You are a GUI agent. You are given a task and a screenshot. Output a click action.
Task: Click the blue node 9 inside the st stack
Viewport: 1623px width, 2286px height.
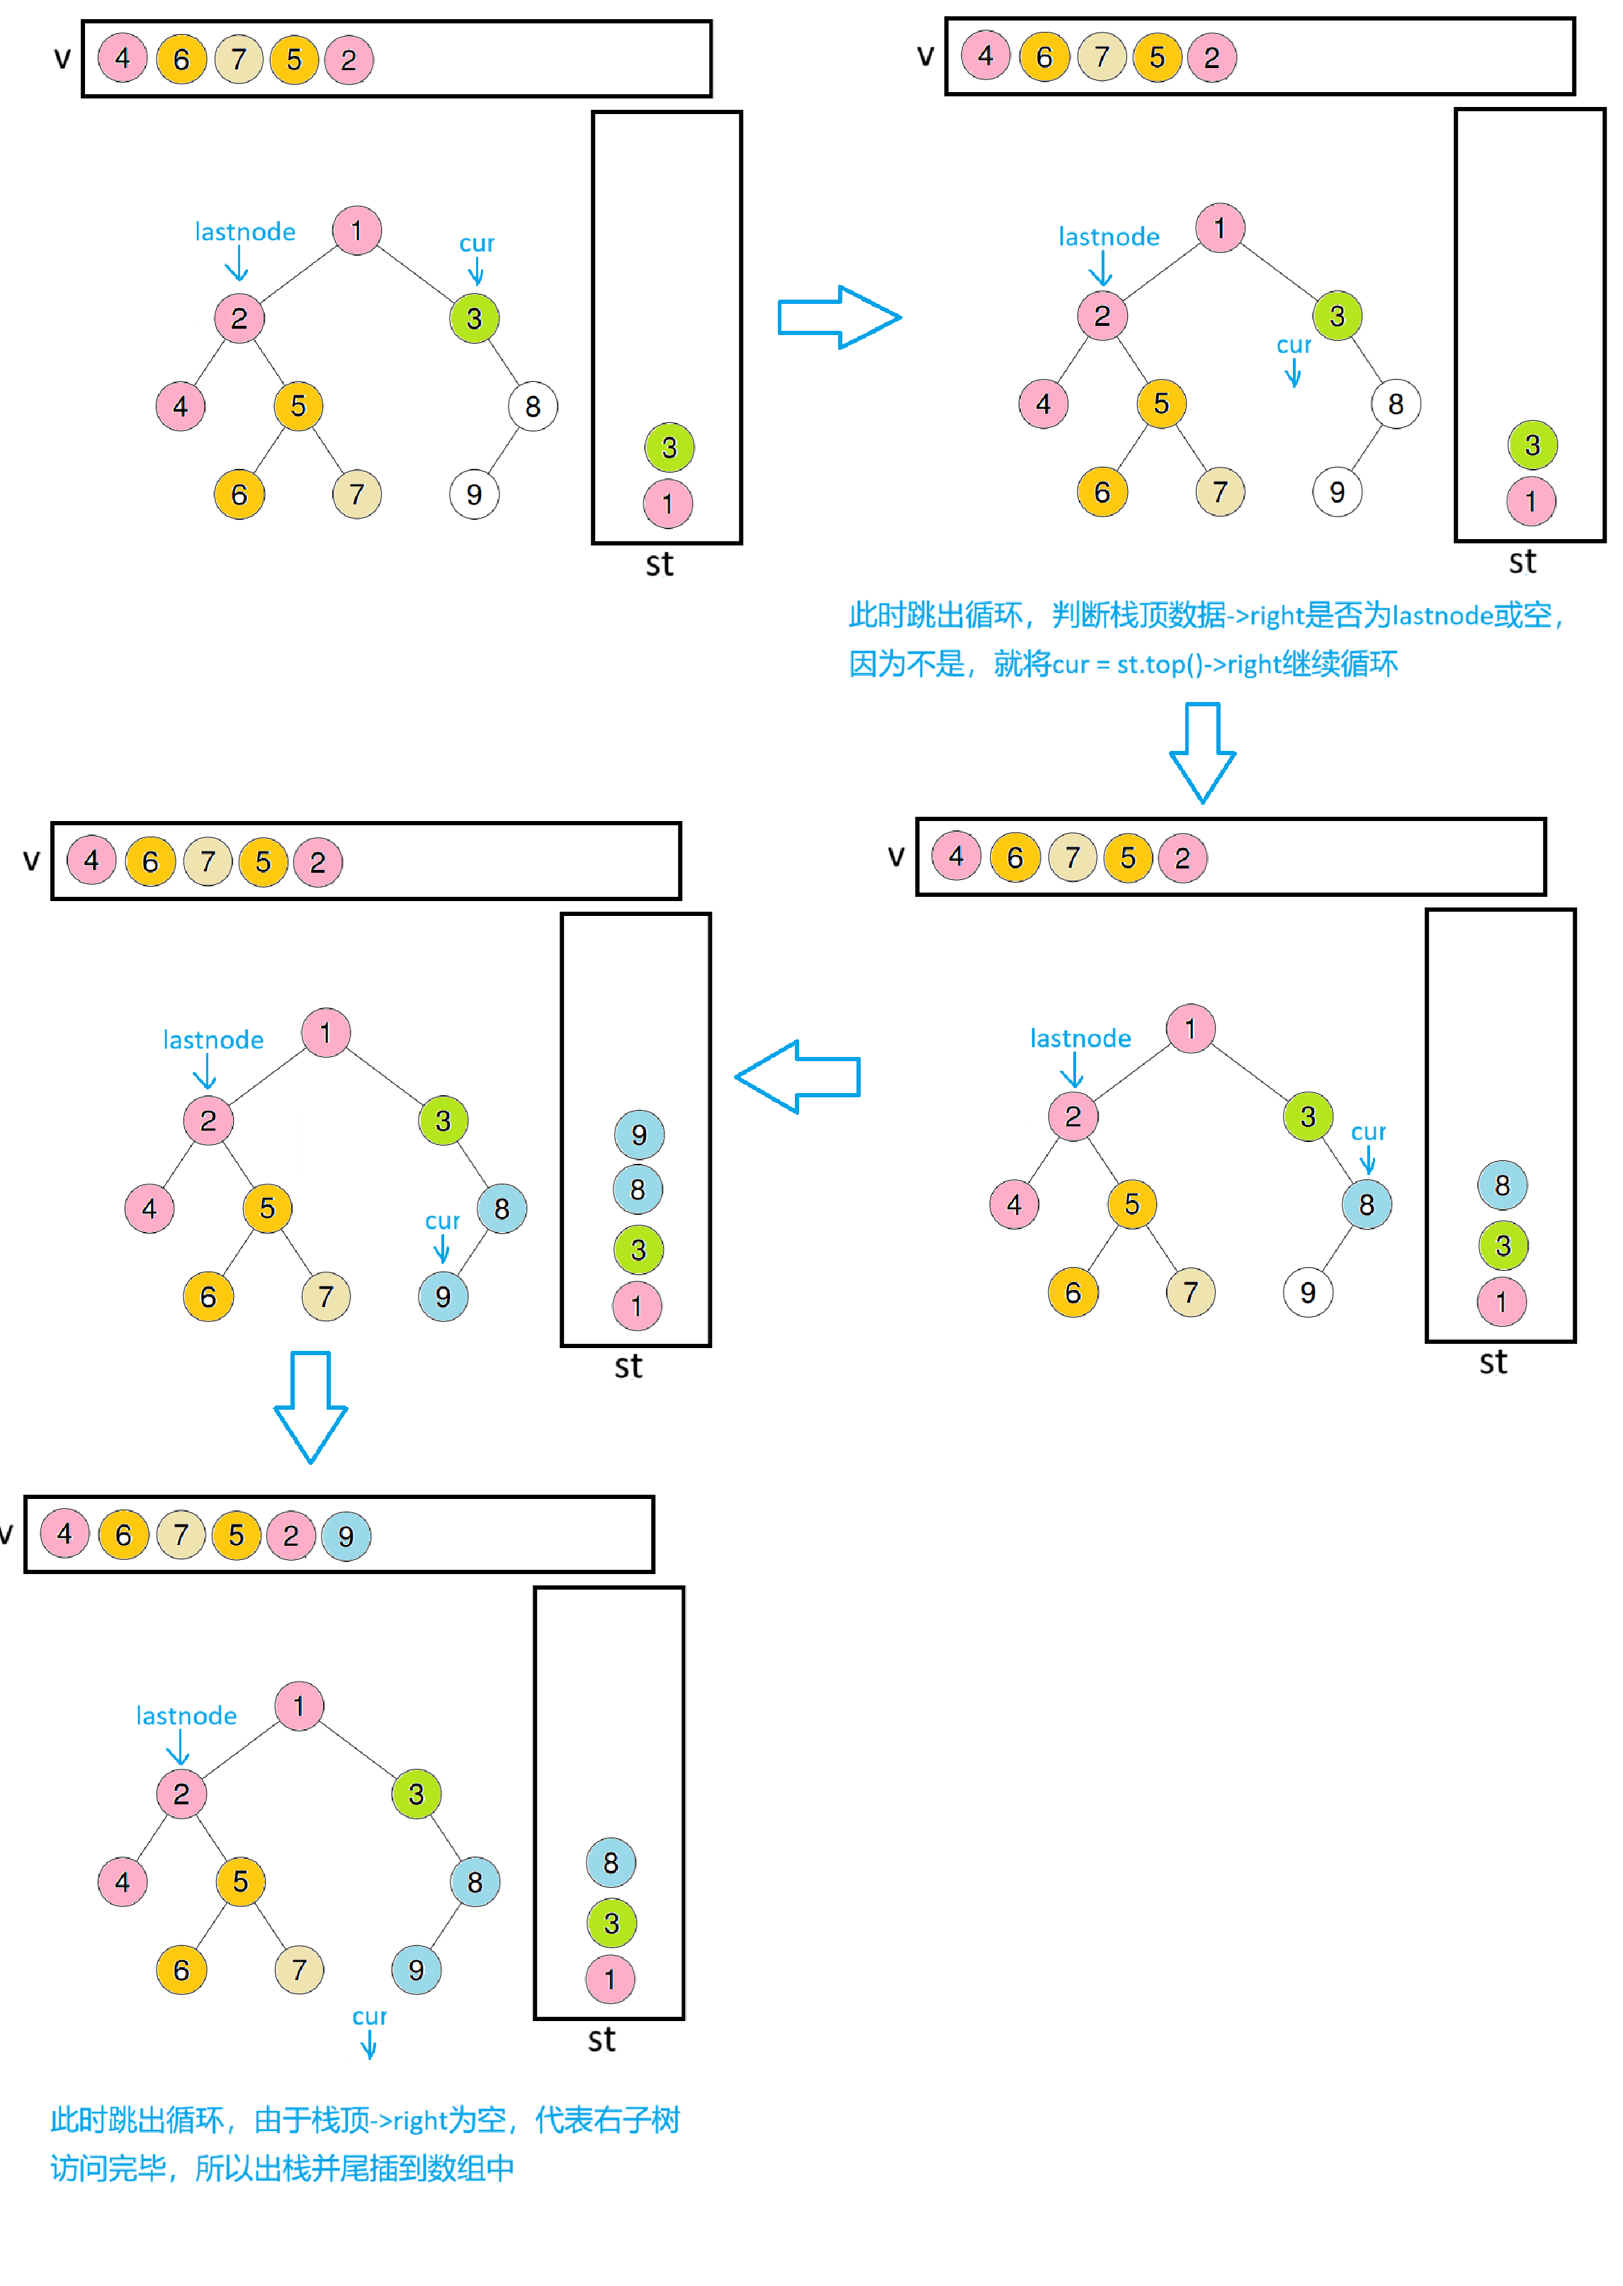[638, 1134]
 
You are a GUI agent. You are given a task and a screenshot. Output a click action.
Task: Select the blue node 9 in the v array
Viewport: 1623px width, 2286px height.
[346, 1536]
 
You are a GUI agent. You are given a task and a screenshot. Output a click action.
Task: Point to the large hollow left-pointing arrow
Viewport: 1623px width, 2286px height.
[798, 1076]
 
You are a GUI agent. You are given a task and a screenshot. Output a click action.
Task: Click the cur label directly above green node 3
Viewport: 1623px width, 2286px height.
[477, 243]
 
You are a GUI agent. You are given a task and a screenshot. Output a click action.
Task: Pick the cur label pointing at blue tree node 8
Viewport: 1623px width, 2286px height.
[1368, 1132]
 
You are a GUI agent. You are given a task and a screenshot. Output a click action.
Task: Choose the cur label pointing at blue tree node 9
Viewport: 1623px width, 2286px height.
[442, 1221]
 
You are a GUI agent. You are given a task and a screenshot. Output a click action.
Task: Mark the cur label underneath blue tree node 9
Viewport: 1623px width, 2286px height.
[369, 2016]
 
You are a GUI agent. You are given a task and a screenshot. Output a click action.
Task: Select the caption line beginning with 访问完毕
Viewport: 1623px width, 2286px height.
[282, 2168]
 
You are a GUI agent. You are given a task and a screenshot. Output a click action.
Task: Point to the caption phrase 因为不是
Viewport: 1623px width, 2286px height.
[905, 664]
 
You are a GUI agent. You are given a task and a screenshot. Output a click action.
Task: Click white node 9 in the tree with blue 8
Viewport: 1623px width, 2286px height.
[1307, 1293]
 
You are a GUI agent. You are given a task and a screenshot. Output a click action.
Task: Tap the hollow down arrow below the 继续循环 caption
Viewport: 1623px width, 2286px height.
[1202, 752]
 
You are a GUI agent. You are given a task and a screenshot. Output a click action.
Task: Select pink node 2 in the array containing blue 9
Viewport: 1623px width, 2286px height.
[291, 1536]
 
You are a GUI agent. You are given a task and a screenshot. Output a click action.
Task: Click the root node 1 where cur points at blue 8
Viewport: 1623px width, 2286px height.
[1190, 1028]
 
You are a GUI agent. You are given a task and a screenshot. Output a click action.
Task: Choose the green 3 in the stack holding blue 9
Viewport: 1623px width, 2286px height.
[638, 1250]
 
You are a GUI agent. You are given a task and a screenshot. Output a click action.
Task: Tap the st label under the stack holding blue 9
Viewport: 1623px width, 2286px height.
[628, 1366]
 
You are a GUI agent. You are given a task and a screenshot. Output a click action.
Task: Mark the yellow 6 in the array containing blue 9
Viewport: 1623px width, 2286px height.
[123, 1536]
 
